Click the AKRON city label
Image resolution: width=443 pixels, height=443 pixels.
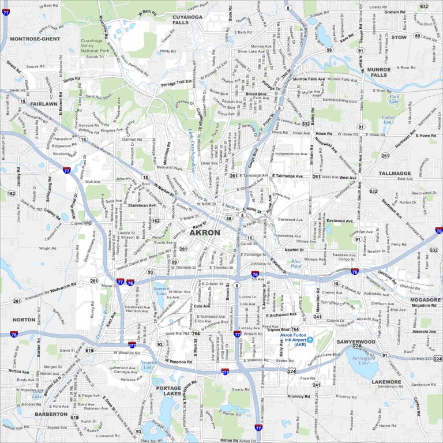pos(205,232)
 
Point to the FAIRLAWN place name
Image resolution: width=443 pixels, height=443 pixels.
pos(44,104)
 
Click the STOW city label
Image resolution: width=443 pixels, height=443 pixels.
pos(399,37)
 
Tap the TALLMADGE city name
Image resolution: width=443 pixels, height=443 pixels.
pos(395,173)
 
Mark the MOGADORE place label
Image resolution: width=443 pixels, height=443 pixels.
pos(425,300)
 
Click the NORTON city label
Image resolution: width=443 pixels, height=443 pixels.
pos(24,320)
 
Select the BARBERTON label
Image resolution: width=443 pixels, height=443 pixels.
pos(51,414)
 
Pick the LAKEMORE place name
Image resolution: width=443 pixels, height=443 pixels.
pos(386,382)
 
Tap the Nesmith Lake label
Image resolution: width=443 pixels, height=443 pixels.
pos(148,365)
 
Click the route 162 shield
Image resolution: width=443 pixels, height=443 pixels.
pos(11,193)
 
